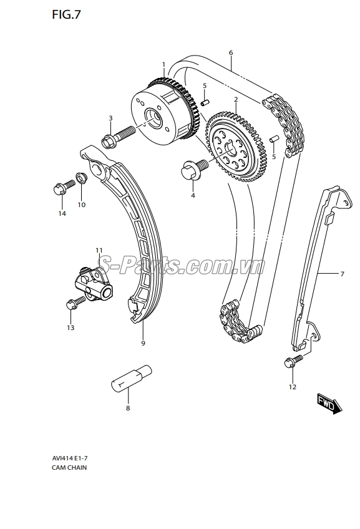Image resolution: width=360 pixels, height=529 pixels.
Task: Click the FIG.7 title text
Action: (67, 14)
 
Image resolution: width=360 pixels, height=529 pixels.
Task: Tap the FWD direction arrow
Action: (329, 404)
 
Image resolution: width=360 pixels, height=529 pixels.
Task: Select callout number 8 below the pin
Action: (128, 408)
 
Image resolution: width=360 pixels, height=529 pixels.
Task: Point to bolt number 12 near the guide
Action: (293, 362)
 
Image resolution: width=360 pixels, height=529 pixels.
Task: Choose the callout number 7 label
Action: (342, 274)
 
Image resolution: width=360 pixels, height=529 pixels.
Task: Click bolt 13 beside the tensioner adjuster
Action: (76, 303)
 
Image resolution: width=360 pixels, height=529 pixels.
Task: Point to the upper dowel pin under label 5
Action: (205, 102)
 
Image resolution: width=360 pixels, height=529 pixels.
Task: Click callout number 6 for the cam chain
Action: (231, 52)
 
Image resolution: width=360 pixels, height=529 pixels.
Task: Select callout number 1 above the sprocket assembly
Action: (163, 64)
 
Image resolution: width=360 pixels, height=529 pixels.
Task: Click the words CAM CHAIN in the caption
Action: (69, 468)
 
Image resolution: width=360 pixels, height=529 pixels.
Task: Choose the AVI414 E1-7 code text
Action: (70, 458)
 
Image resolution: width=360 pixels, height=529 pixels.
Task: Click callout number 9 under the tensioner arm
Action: (143, 343)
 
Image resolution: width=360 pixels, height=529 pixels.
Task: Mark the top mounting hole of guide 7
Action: (345, 203)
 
